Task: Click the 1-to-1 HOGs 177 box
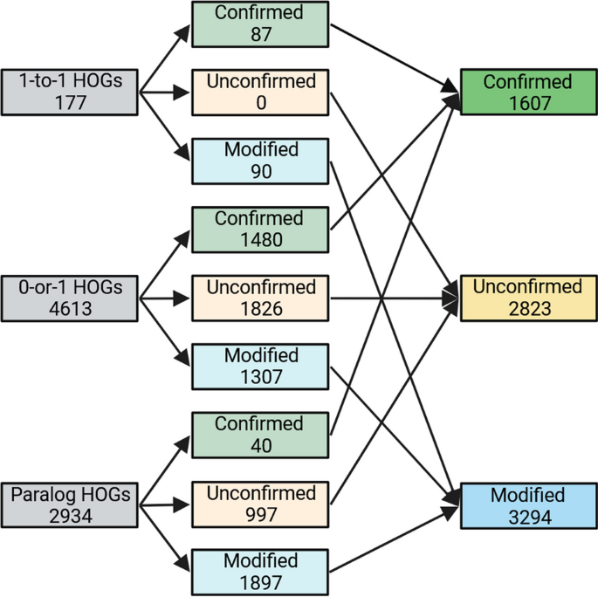click(70, 91)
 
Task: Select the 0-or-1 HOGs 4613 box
click(70, 297)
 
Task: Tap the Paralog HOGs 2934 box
click(70, 503)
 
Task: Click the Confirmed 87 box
click(260, 24)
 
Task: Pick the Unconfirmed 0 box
click(260, 91)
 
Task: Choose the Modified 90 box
click(260, 160)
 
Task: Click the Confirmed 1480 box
click(260, 229)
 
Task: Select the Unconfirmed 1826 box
click(260, 298)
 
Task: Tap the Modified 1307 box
click(260, 366)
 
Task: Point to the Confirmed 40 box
click(260, 435)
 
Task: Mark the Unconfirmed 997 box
click(260, 504)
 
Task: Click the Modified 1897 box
click(260, 572)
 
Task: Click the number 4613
click(70, 307)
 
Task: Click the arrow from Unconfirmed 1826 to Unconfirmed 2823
click(393, 298)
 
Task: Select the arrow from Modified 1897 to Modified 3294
click(393, 539)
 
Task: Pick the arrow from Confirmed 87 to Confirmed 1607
click(393, 57)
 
